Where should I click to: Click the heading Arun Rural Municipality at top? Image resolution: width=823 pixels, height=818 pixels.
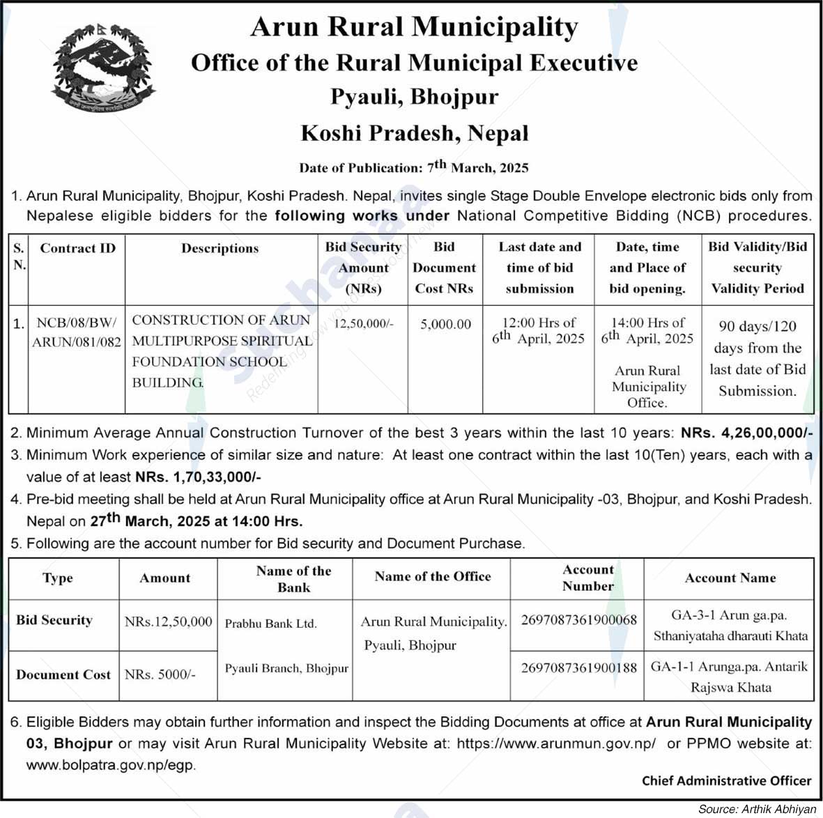414,28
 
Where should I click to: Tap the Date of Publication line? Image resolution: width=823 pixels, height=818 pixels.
414,167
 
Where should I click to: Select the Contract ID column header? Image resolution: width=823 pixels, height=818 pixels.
77,249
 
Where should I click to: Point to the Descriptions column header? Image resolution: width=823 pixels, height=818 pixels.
220,249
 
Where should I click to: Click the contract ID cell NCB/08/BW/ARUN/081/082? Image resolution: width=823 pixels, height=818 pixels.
77,332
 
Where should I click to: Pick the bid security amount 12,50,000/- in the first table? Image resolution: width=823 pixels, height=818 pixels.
363,324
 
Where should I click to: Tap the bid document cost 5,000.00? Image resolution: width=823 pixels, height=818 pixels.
445,324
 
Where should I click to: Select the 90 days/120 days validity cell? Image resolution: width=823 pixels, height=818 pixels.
757,358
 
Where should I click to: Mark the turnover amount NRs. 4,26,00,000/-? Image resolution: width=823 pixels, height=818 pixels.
746,433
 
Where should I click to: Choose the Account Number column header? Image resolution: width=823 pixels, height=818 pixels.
587,578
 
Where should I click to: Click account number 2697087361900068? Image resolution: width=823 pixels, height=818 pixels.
578,619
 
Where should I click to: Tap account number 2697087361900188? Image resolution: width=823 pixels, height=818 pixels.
578,667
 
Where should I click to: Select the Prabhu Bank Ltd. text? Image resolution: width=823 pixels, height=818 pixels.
270,624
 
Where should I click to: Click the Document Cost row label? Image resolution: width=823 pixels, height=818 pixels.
63,674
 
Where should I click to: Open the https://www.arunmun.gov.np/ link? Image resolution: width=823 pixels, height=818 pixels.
556,743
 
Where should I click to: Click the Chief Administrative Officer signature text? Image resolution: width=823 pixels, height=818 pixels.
726,781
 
